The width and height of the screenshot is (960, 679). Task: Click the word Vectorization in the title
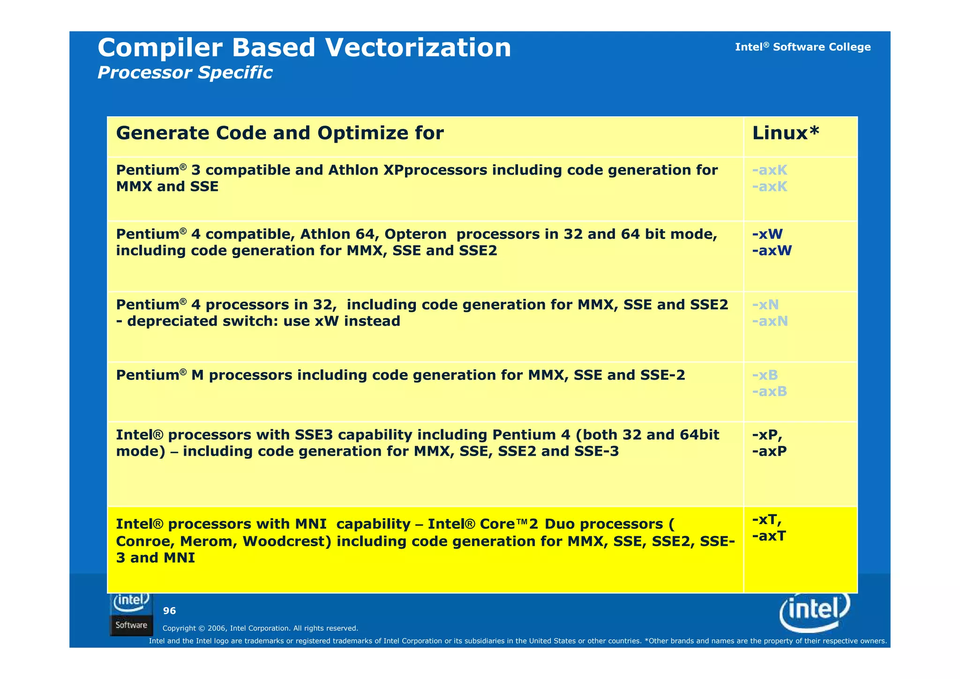(418, 48)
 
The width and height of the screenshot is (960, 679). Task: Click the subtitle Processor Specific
(185, 73)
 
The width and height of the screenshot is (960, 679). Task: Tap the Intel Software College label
(802, 47)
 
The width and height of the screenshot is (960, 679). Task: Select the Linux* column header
(786, 133)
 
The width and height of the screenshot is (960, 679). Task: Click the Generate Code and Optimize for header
(280, 133)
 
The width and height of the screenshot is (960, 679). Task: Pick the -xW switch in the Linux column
(767, 234)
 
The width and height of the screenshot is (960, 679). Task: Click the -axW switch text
(772, 251)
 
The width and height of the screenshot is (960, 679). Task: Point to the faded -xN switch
(765, 305)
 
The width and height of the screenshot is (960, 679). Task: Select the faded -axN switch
(770, 321)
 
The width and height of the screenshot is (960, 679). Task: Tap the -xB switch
(765, 375)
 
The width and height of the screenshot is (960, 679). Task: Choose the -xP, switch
(767, 435)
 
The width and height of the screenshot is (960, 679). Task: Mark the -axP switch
(769, 451)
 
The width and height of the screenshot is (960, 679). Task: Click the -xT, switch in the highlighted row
(766, 520)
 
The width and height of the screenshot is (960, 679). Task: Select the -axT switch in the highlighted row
(769, 536)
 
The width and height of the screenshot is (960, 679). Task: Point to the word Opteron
(415, 234)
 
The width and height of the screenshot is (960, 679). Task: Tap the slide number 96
(169, 611)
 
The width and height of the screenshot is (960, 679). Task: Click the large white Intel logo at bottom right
(815, 611)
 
